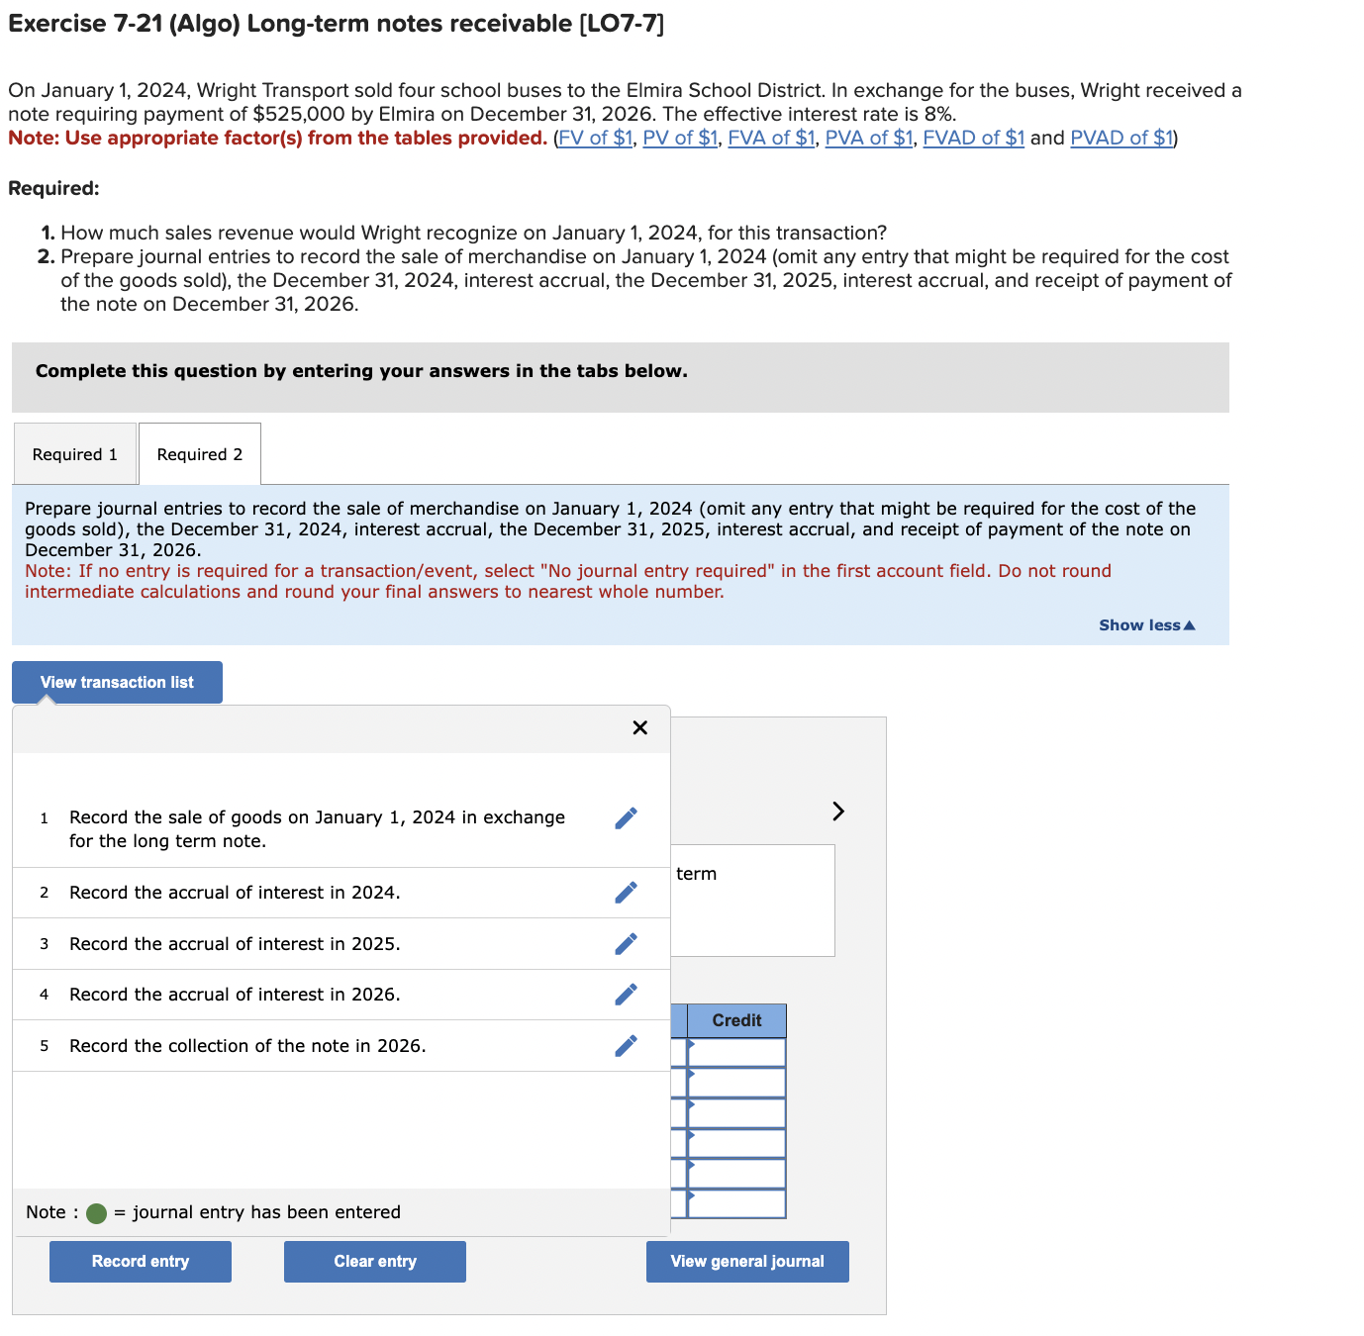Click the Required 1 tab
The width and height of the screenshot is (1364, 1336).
(75, 454)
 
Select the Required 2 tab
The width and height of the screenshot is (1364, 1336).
(200, 454)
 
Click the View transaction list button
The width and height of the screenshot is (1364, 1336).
(117, 683)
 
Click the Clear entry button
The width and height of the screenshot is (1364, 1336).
(375, 1262)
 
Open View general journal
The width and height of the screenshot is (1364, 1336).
(747, 1262)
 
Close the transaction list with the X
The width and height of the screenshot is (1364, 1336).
(639, 728)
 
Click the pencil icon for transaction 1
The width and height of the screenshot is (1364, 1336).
(626, 818)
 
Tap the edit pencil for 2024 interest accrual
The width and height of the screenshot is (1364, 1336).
(626, 893)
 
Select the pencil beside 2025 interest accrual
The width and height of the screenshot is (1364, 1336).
(626, 944)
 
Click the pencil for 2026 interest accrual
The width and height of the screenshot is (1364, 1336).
(626, 995)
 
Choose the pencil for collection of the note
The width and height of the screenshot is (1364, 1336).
(626, 1046)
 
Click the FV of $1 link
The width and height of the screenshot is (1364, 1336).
(595, 138)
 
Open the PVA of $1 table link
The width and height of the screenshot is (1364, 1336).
(868, 138)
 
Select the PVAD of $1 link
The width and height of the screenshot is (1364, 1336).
(1121, 138)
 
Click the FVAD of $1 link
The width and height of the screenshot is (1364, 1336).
(973, 138)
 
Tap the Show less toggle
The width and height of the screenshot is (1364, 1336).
(1146, 625)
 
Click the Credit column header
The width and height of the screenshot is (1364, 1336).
(736, 1020)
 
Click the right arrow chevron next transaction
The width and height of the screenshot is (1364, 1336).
(838, 811)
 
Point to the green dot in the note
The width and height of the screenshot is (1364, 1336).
(96, 1213)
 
